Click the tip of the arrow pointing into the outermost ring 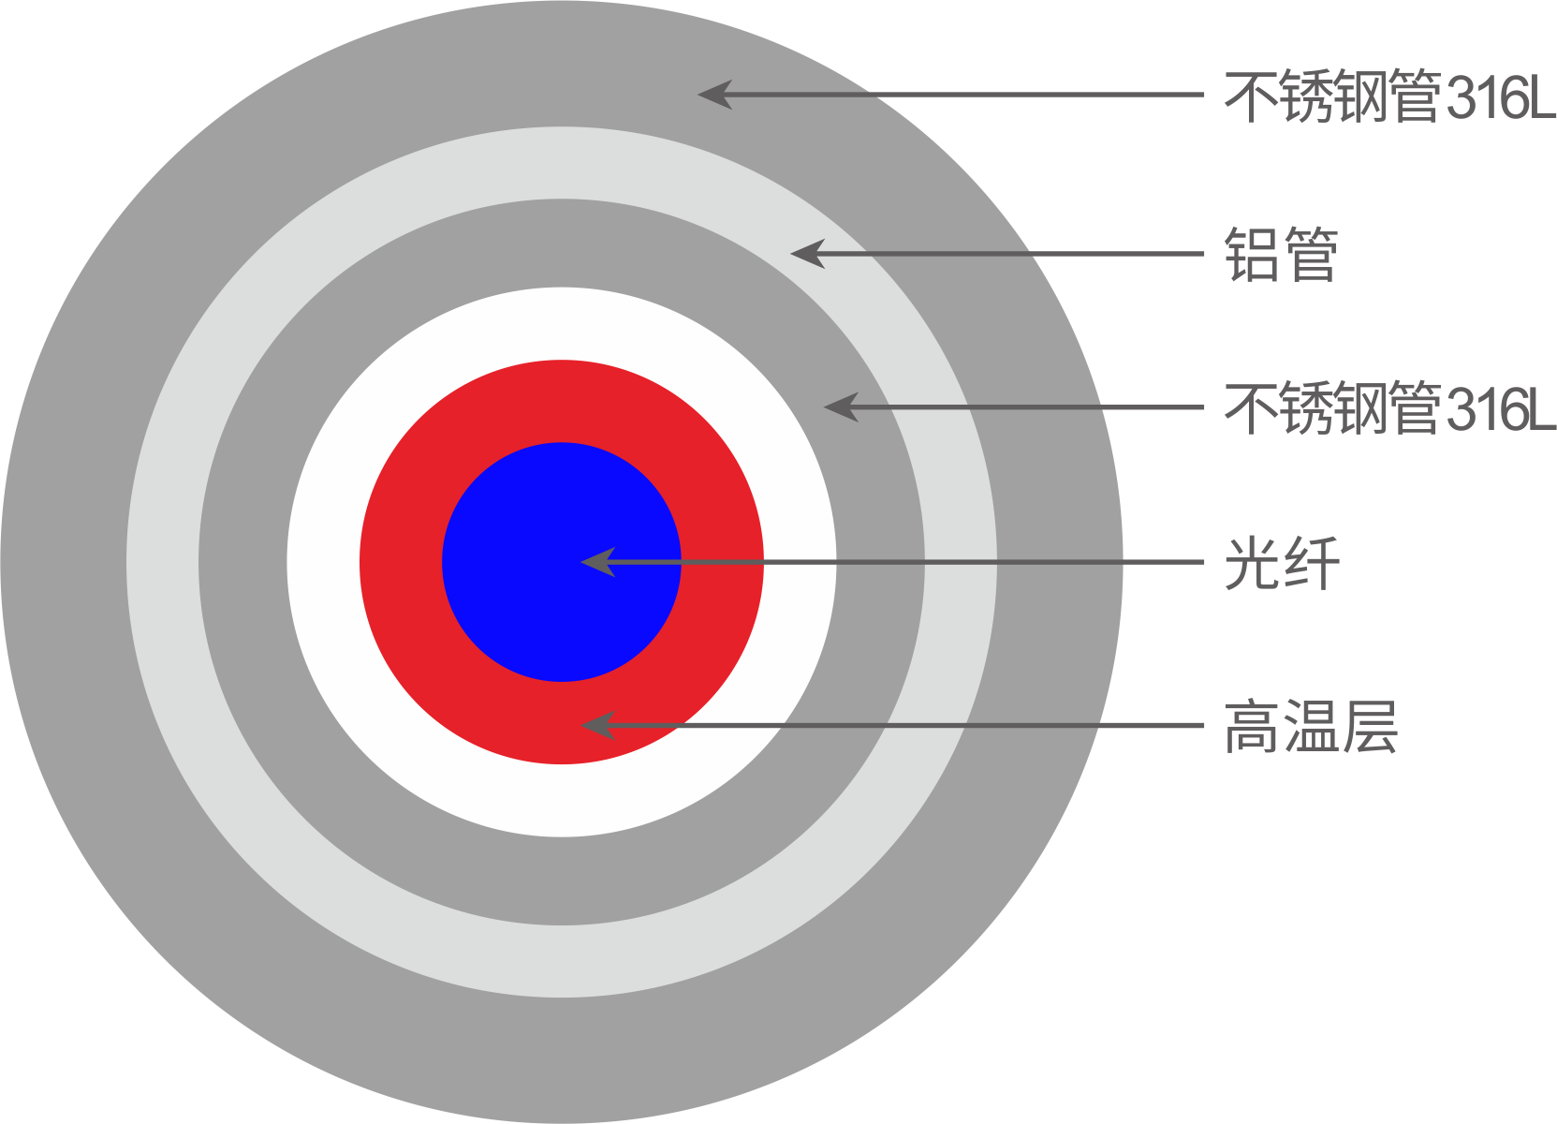[698, 94]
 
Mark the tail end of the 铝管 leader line [1203, 254]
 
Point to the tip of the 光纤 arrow [580, 561]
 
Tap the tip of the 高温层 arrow [580, 726]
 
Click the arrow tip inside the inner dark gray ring [824, 407]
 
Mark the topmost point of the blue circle [562, 442]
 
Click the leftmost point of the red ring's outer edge [360, 562]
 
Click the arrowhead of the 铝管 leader [808, 254]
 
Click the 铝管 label [1281, 255]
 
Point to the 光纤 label [1282, 563]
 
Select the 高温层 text [1311, 727]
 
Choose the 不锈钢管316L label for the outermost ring [1389, 96]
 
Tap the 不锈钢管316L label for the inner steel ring [1389, 407]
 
